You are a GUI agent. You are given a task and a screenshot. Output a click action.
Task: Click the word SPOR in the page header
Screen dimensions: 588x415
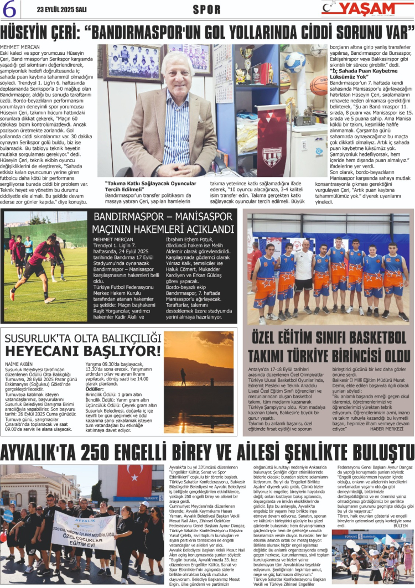pyautogui.click(x=206, y=9)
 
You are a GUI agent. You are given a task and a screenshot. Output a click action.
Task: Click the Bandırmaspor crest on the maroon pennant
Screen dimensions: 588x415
pyautogui.click(x=271, y=155)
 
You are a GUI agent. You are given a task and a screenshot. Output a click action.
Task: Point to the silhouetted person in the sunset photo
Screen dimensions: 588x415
pyautogui.click(x=183, y=377)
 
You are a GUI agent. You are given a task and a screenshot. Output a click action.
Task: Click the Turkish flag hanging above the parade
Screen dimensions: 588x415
pyautogui.click(x=134, y=480)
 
